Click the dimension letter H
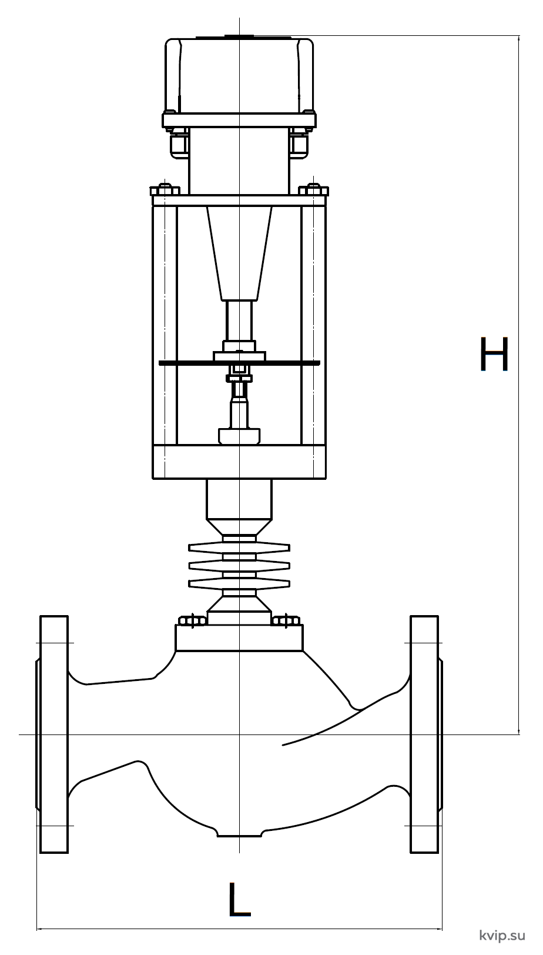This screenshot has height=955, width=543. tap(494, 354)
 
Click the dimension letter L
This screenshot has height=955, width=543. tap(239, 900)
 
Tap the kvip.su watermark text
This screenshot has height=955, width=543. tap(502, 935)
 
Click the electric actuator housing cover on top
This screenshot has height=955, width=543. tap(239, 76)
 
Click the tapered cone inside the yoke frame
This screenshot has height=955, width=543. tap(239, 253)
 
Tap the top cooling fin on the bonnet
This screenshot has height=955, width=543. tap(239, 547)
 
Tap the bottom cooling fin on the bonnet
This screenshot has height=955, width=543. tap(239, 582)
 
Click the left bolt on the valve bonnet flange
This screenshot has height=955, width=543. tap(192, 620)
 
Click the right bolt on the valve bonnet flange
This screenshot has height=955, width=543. tap(286, 620)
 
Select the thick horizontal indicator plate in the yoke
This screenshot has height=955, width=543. tap(239, 363)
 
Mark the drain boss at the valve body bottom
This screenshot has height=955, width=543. tap(239, 832)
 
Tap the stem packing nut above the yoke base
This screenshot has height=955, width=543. tap(239, 436)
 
